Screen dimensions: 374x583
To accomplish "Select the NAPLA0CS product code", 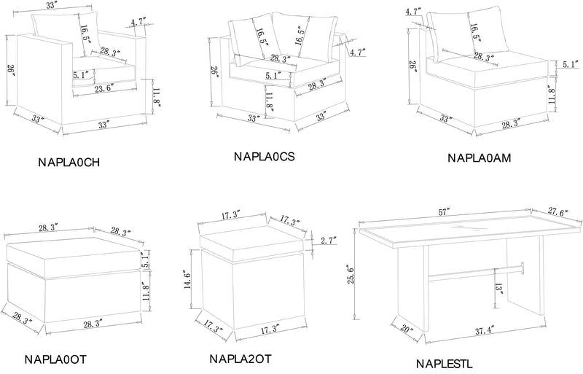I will pyautogui.click(x=264, y=156).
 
